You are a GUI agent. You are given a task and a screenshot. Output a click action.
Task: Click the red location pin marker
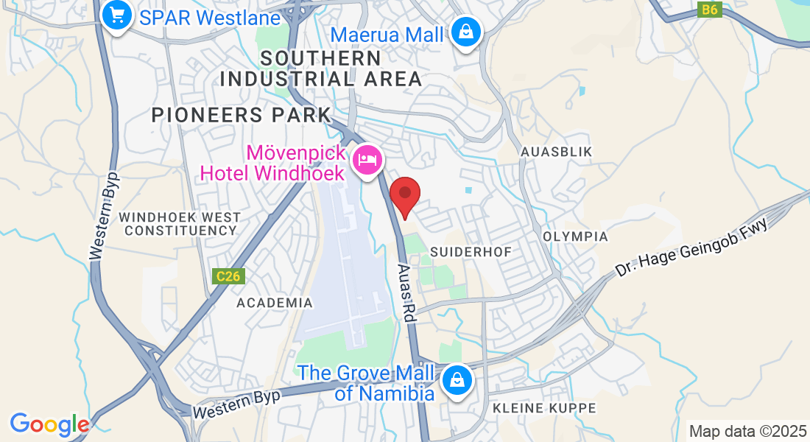404,195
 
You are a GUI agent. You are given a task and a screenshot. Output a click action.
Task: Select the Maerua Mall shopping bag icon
466,33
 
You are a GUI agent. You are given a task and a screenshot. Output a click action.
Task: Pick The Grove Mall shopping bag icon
457,382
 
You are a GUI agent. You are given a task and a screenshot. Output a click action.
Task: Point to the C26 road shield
229,276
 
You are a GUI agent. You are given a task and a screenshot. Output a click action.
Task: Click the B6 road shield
709,10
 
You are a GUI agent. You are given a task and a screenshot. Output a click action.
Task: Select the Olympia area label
575,236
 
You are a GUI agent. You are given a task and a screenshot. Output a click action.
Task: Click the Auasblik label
556,151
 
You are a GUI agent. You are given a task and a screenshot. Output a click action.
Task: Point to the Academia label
275,303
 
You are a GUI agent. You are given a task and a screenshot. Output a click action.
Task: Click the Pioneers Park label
242,115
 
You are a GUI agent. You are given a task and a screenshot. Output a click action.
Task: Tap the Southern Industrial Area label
321,69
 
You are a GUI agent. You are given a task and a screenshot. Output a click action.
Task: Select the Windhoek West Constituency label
180,224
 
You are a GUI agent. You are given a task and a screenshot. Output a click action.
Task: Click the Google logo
49,424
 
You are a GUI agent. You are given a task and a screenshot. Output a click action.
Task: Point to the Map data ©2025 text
747,430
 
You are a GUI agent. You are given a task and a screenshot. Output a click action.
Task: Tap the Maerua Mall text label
387,34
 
